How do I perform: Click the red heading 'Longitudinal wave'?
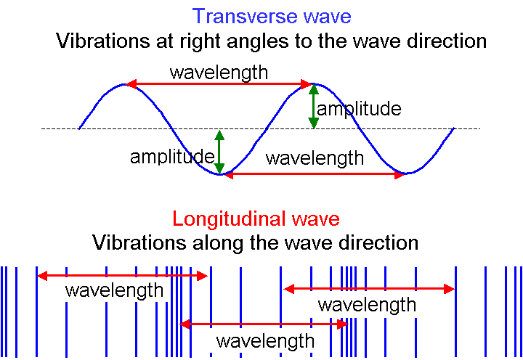[256, 218]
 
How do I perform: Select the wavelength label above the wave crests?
[219, 73]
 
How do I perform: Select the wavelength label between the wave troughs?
[315, 157]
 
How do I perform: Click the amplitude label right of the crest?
[360, 109]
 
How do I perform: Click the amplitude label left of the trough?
[171, 156]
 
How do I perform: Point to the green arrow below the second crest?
[314, 107]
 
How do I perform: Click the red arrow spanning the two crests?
[219, 85]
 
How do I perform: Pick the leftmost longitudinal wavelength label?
[114, 291]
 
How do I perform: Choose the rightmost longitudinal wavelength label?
[367, 305]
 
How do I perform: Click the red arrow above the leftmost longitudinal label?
[122, 276]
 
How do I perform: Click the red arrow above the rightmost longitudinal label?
[368, 289]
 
